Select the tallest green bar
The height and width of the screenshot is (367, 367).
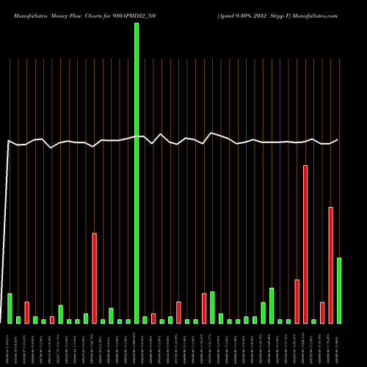[137, 173]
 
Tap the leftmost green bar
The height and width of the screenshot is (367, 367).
[10, 308]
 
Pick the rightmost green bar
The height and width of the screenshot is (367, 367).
[339, 291]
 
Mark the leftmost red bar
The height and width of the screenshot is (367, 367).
[26, 313]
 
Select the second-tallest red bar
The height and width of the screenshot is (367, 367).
[331, 265]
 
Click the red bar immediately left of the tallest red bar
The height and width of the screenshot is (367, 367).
[297, 301]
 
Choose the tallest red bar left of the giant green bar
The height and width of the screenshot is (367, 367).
[94, 278]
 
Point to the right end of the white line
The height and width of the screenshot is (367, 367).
[338, 139]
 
